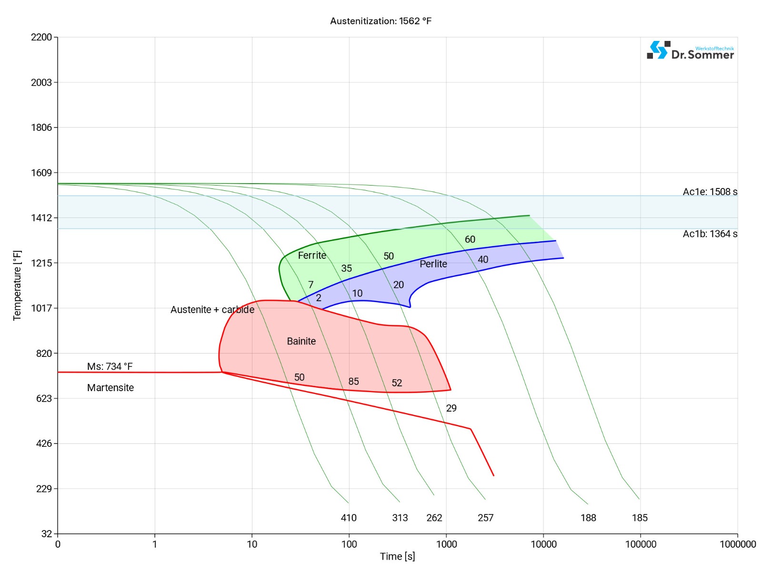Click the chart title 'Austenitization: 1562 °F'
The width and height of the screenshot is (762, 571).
[x=381, y=21]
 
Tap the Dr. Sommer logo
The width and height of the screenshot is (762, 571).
[x=690, y=50]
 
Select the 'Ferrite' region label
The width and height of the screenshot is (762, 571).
[x=312, y=256]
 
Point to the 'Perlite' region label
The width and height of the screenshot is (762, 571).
[x=433, y=264]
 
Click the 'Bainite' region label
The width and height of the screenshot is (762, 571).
[x=301, y=341]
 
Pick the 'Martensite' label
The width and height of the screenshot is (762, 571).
[x=110, y=388]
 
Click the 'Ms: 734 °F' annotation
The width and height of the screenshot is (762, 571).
[x=110, y=366]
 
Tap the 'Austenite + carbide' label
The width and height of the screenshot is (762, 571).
[x=212, y=310]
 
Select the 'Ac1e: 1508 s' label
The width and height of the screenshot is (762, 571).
[x=710, y=192]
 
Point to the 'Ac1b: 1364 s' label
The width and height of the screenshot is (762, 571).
[x=710, y=234]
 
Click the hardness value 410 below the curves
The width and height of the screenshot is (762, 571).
[x=349, y=518]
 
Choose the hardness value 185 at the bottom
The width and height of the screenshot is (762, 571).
[x=640, y=518]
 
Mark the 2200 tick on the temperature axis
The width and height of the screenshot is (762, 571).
[x=41, y=37]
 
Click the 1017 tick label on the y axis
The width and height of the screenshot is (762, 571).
[x=41, y=308]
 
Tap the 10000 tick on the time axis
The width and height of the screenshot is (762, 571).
[x=543, y=544]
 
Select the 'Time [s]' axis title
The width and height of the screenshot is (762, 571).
[x=397, y=556]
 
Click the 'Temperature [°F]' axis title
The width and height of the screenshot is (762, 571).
[x=17, y=285]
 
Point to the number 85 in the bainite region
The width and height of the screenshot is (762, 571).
[x=353, y=382]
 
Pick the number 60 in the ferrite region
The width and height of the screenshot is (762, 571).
[x=470, y=239]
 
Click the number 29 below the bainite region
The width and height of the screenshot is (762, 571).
[x=451, y=408]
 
